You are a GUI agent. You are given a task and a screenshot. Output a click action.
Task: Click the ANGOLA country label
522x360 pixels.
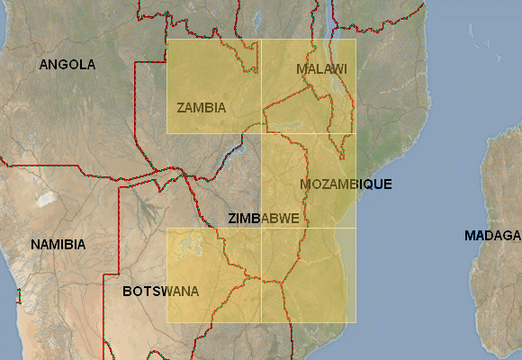tap(67, 65)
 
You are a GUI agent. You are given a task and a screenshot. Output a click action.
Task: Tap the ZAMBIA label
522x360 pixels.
tap(201, 108)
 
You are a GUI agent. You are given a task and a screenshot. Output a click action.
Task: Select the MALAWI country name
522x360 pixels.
tap(321, 69)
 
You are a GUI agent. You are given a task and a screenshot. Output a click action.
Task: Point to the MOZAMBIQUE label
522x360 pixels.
tap(346, 184)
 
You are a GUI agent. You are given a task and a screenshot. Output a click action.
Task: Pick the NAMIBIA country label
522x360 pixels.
tap(58, 245)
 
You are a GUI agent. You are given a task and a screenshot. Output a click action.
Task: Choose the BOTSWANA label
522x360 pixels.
tap(160, 292)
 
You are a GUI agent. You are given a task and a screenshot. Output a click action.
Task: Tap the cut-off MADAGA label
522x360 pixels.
tap(492, 236)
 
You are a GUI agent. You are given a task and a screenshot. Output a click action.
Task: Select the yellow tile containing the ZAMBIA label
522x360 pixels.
tap(213, 85)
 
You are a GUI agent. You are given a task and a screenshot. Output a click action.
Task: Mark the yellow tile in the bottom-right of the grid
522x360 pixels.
tap(309, 274)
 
